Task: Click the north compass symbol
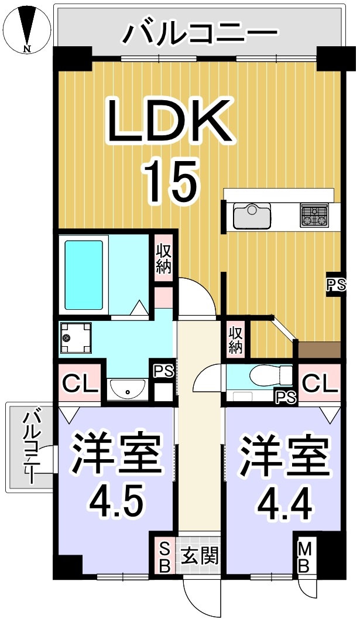point(28,30)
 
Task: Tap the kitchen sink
point(252,216)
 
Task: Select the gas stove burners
point(314,216)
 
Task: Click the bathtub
point(84,274)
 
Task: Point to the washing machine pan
point(76,337)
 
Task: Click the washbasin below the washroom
point(127,390)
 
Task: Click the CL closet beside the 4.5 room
point(81,384)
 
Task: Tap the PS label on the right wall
point(336,285)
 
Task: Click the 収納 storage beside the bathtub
point(163,259)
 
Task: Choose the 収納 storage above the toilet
point(235,340)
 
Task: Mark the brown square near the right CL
point(319,350)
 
